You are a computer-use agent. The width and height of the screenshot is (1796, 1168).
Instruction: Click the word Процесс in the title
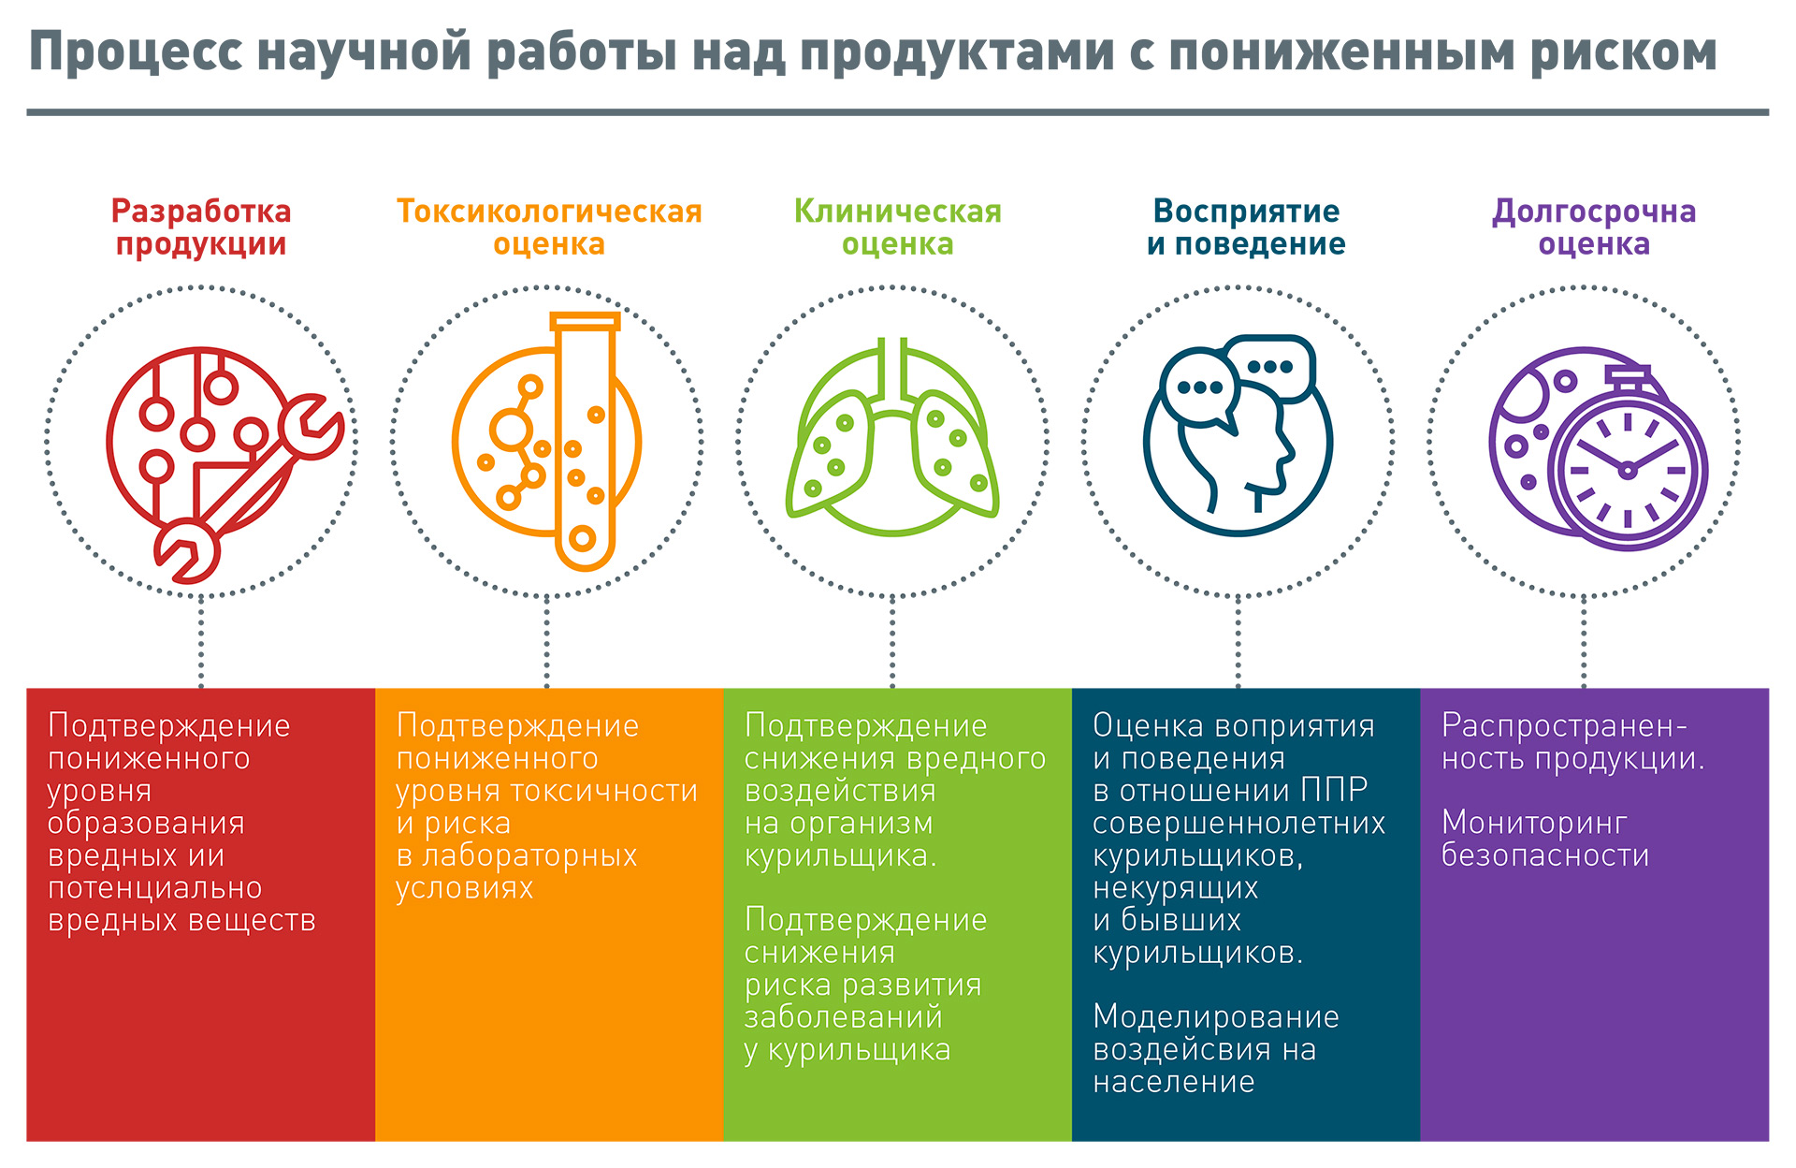(136, 52)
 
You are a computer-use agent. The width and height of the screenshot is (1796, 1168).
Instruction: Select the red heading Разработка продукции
(201, 227)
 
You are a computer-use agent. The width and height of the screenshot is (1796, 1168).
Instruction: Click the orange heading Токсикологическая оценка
(549, 227)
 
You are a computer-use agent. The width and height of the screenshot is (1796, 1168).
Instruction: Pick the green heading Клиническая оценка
(897, 227)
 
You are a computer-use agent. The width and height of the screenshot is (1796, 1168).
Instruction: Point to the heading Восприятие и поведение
(1246, 227)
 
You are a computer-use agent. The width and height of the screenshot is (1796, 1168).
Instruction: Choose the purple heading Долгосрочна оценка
(1594, 227)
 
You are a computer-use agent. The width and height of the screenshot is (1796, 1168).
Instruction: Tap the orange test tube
(585, 441)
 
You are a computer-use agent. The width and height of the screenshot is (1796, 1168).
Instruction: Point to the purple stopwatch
(1629, 459)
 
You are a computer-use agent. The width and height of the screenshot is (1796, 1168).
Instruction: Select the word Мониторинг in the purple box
(1534, 823)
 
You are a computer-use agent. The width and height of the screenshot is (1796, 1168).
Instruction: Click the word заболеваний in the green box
(843, 1017)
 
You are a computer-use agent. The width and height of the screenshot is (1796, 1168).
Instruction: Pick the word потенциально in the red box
(155, 888)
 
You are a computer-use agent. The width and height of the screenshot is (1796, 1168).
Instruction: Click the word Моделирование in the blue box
(1216, 1017)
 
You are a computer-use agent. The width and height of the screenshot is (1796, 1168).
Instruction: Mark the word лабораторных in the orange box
(529, 856)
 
